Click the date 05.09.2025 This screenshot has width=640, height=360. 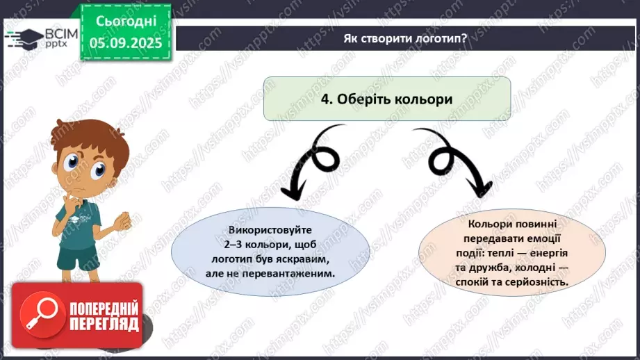pos(126,42)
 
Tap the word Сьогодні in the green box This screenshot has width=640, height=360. pos(126,22)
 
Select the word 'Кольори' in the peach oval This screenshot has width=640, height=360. pos(491,224)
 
